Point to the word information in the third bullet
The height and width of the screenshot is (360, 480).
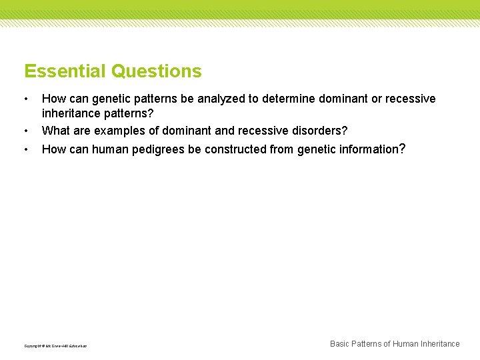367,149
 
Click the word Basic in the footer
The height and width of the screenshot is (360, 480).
341,344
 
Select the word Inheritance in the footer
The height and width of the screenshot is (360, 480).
438,344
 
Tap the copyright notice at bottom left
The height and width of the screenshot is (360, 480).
55,346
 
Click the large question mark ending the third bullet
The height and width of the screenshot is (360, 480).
401,149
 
